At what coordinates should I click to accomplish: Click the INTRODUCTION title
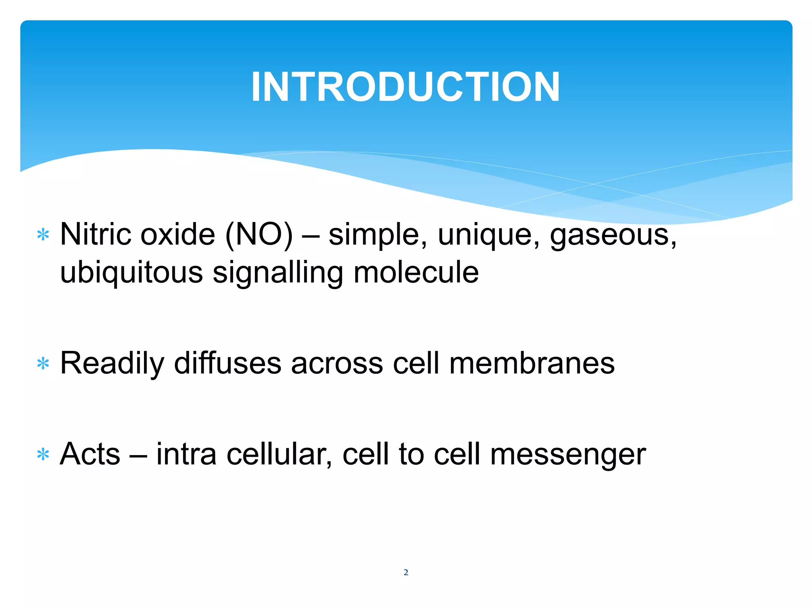click(x=405, y=87)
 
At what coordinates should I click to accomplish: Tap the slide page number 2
click(x=406, y=572)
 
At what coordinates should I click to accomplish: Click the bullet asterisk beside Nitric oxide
click(x=43, y=235)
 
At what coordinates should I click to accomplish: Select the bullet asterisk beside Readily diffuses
click(x=43, y=364)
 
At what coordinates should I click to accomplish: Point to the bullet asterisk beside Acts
click(x=43, y=454)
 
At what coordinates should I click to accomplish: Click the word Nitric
click(x=95, y=234)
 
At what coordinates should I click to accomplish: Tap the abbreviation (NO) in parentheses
click(x=259, y=234)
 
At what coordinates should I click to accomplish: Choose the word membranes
click(x=532, y=363)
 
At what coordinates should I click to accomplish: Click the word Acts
click(x=90, y=454)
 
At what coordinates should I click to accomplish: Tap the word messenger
click(x=568, y=454)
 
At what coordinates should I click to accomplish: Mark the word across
click(x=337, y=364)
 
